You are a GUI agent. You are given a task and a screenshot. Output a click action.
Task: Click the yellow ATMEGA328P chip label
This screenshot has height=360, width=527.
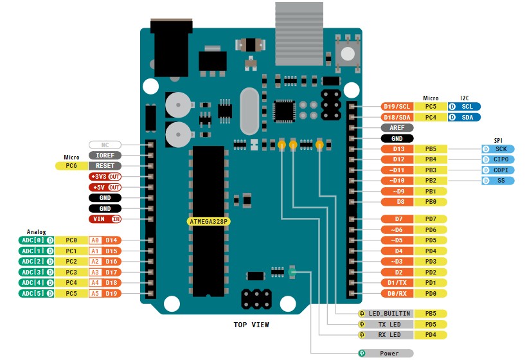tap(208, 221)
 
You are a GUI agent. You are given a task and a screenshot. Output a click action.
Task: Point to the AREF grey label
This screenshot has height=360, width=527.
tap(397, 128)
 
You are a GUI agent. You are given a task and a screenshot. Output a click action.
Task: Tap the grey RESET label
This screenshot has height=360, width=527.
tap(105, 166)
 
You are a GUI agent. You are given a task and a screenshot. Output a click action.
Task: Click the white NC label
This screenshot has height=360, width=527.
tap(105, 145)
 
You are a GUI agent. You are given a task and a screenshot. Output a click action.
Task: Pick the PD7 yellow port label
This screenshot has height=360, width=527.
tap(430, 219)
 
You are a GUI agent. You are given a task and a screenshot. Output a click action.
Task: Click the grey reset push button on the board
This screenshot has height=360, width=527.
tap(348, 53)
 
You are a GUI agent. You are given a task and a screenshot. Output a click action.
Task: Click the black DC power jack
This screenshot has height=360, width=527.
tap(172, 48)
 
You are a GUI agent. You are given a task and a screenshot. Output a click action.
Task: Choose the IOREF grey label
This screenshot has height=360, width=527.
tap(105, 156)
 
